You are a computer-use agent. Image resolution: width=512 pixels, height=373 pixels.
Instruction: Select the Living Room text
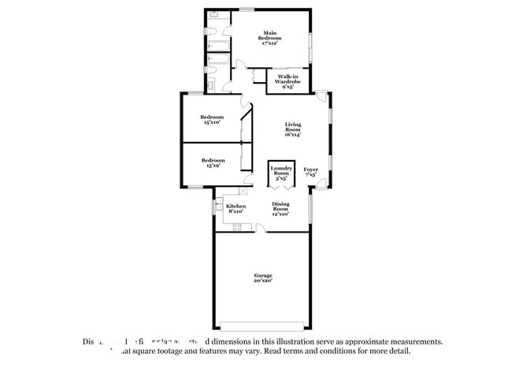tap(293, 129)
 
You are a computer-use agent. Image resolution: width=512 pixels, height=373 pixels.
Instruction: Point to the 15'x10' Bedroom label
tap(211, 119)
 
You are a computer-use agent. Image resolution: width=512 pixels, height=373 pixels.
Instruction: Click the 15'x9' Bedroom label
tap(211, 162)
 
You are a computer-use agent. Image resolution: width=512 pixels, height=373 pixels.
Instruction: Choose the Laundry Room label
tap(281, 173)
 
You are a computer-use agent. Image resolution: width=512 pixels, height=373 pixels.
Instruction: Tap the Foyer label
tap(311, 171)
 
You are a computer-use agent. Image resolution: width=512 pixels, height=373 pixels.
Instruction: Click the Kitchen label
tap(236, 208)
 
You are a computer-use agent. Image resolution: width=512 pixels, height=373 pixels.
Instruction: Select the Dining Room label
tap(281, 208)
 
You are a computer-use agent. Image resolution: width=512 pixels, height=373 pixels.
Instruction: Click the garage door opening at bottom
tap(263, 327)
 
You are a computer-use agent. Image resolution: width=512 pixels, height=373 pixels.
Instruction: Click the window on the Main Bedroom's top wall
tap(247, 9)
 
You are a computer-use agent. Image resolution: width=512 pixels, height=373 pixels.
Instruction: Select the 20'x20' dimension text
tap(263, 280)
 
